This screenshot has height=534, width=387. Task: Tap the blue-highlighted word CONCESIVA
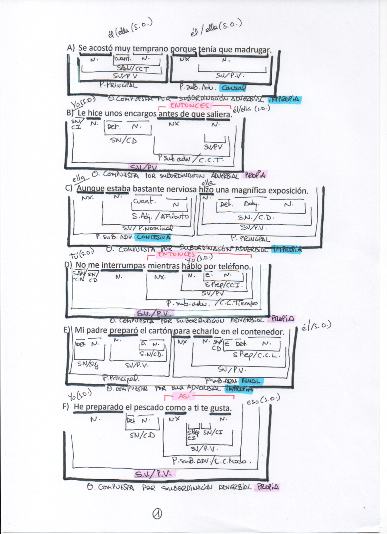[154, 237]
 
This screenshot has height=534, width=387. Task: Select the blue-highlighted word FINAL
[251, 381]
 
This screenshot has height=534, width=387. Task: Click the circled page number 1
[157, 514]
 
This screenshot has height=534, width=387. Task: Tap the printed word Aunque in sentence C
[90, 189]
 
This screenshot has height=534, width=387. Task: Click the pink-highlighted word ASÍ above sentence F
[184, 396]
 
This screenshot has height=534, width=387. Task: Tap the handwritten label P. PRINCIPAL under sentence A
[119, 85]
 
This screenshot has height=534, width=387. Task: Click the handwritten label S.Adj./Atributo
[160, 216]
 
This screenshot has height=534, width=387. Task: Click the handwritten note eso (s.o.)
[263, 399]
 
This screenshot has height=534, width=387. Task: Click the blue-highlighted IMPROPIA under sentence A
[285, 99]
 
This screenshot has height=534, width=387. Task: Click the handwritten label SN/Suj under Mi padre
[88, 364]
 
